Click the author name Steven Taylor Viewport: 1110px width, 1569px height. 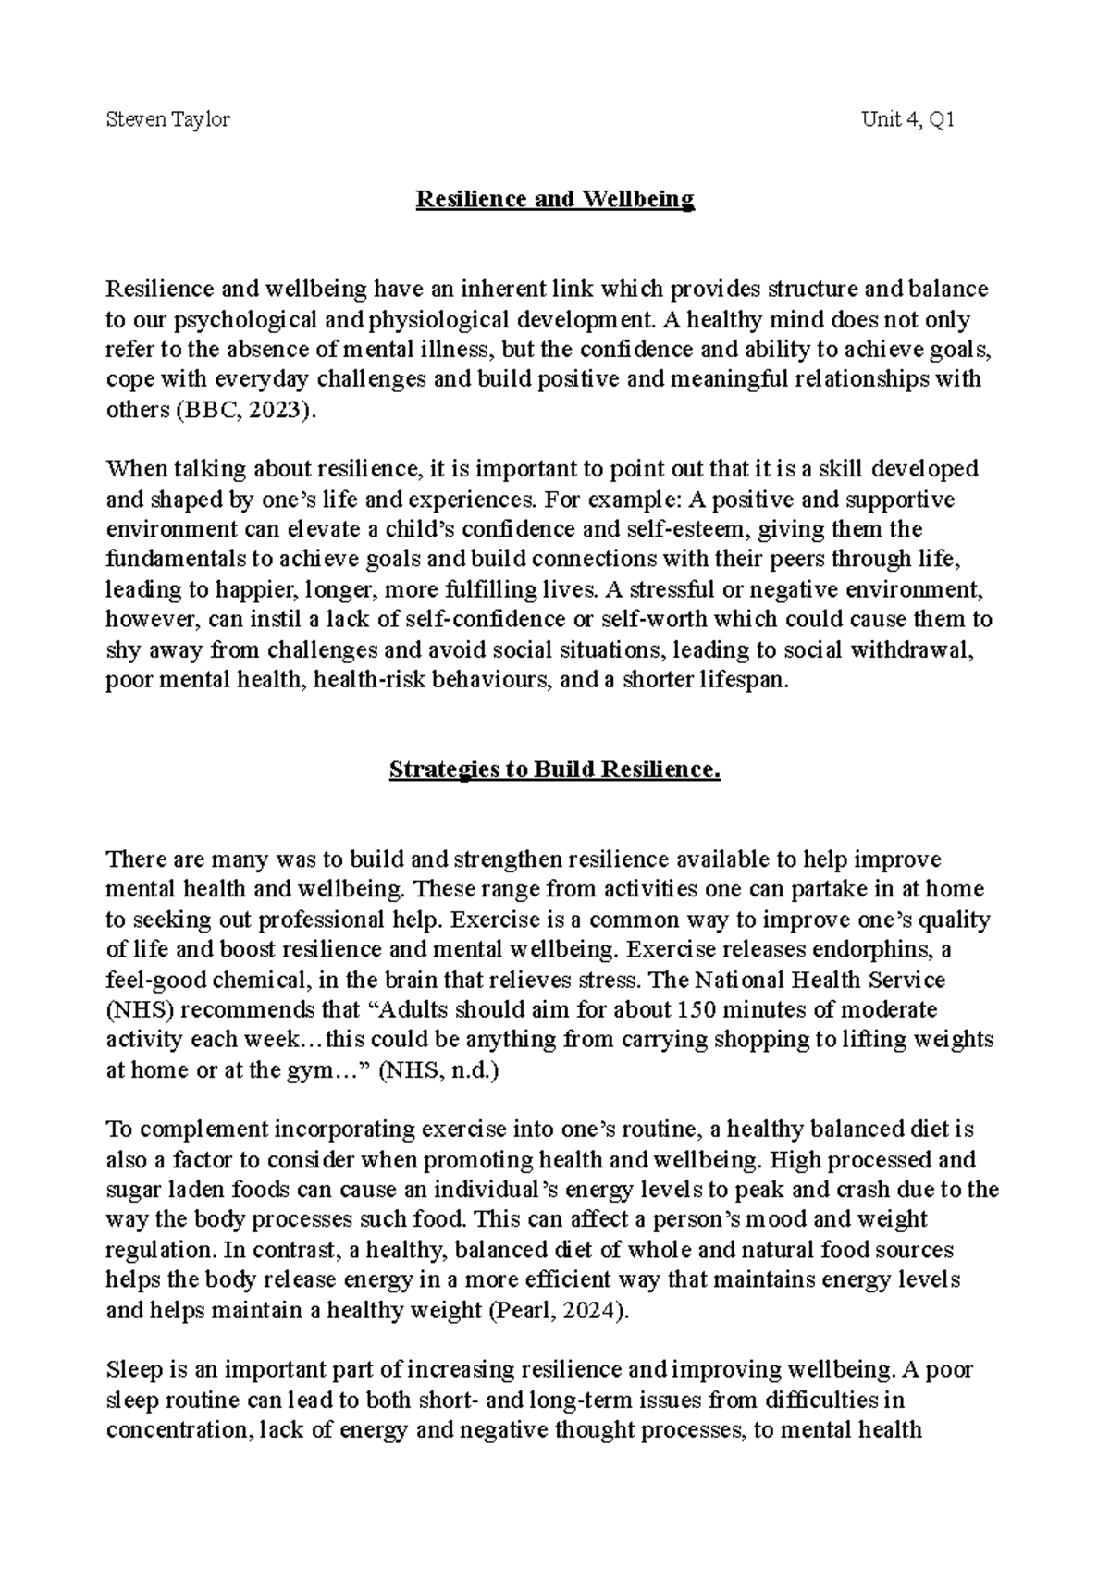(x=167, y=119)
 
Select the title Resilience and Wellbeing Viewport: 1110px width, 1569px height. (x=554, y=199)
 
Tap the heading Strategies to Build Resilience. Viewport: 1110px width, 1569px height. (x=554, y=770)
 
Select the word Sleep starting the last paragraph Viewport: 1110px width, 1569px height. (x=132, y=1369)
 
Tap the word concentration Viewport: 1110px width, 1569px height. (x=179, y=1429)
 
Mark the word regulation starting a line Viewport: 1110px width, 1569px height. (x=160, y=1250)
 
